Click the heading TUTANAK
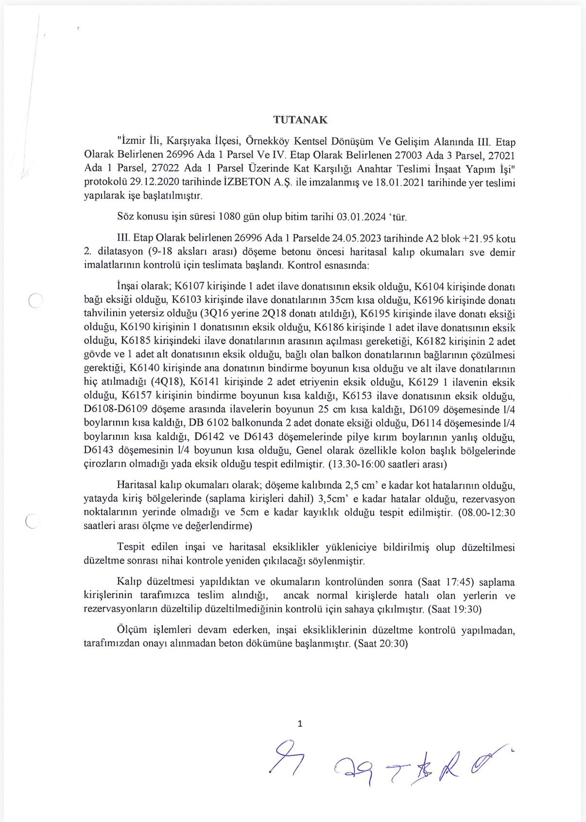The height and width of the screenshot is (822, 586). [300, 120]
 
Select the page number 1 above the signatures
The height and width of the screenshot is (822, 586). [300, 723]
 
